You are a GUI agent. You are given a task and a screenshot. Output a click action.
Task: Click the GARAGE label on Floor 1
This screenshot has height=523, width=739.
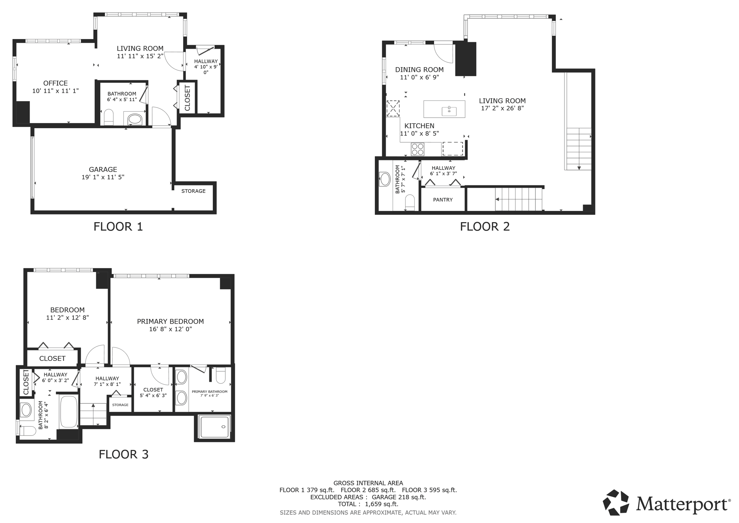click(103, 169)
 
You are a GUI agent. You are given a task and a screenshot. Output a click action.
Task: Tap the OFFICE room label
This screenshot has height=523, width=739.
click(55, 83)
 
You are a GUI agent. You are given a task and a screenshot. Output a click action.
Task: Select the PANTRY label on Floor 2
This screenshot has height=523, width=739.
click(443, 200)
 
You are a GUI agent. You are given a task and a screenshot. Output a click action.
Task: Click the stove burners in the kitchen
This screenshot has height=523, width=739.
click(417, 149)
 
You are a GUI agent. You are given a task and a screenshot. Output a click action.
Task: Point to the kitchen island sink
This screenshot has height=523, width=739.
click(449, 111)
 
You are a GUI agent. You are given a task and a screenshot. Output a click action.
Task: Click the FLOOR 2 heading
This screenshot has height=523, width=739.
click(485, 226)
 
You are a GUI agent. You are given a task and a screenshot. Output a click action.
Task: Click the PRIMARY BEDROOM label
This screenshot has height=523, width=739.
click(170, 321)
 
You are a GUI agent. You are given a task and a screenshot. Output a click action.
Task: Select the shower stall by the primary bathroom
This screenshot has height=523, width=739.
click(215, 427)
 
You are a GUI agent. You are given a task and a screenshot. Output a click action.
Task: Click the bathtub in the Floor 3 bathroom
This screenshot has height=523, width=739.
click(69, 412)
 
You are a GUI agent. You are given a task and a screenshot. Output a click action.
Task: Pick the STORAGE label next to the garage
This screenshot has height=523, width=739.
click(193, 191)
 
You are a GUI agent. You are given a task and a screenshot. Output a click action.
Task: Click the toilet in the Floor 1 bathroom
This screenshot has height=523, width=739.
click(109, 117)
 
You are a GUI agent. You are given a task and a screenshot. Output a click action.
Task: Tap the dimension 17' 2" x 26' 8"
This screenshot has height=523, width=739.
click(502, 108)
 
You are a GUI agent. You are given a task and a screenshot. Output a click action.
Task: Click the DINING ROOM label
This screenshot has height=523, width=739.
click(419, 70)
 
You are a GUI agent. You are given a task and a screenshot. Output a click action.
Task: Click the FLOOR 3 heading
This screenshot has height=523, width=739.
click(123, 454)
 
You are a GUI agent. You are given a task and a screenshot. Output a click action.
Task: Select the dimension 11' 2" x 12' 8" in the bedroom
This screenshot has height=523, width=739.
click(67, 318)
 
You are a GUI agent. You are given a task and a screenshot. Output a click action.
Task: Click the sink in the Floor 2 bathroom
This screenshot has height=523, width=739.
click(385, 179)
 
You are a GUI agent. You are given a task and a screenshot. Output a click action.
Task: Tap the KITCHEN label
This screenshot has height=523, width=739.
click(419, 126)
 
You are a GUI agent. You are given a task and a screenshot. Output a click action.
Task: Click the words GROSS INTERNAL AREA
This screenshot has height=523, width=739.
click(368, 483)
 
